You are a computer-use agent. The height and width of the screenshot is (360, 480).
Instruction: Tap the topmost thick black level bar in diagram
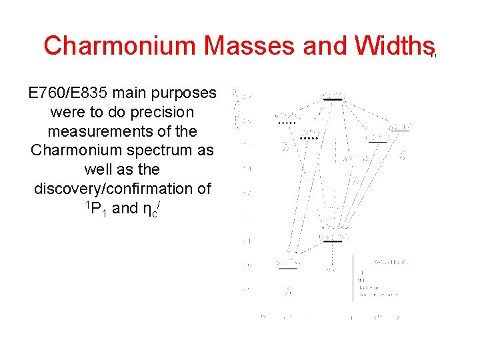pos(332,99)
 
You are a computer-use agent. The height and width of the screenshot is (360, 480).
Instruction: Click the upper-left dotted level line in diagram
pos(286,124)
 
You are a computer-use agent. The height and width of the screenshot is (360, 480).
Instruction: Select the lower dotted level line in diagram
pos(309,138)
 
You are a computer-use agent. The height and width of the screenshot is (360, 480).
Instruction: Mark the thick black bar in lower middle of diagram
pos(332,241)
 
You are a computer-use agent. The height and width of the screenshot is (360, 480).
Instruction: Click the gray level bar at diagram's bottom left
pos(287,268)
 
